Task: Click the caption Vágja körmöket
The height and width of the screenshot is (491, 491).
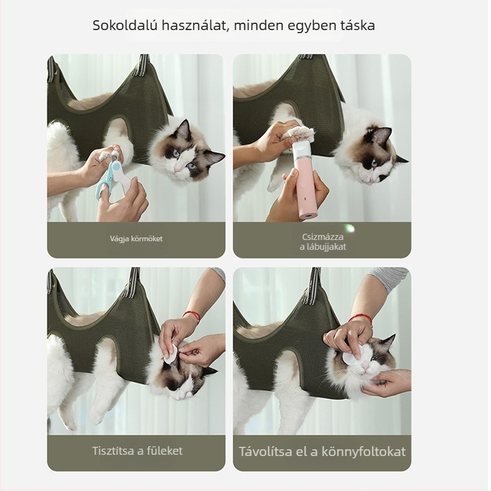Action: tap(136, 239)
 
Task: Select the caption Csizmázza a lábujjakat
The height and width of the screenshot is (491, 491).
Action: tap(322, 242)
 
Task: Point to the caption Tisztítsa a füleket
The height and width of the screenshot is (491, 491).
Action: tap(137, 450)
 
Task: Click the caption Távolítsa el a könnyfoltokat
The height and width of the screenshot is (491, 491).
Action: tap(322, 452)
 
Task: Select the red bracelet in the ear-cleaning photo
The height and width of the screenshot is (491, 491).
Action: tap(192, 315)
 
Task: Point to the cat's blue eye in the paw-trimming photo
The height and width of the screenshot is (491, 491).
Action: tap(374, 163)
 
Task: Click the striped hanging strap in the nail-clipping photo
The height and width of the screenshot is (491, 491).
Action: tap(142, 65)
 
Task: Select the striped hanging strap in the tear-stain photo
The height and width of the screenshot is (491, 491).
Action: tap(314, 285)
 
